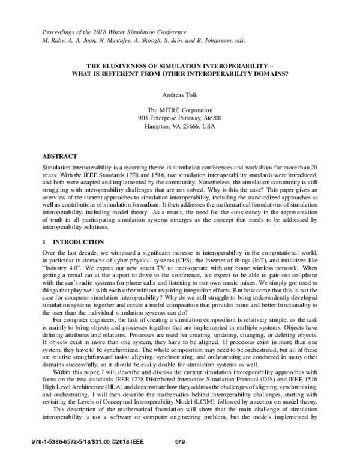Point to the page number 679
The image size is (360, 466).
pos(179,458)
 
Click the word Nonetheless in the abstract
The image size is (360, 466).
pos(211,177)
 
